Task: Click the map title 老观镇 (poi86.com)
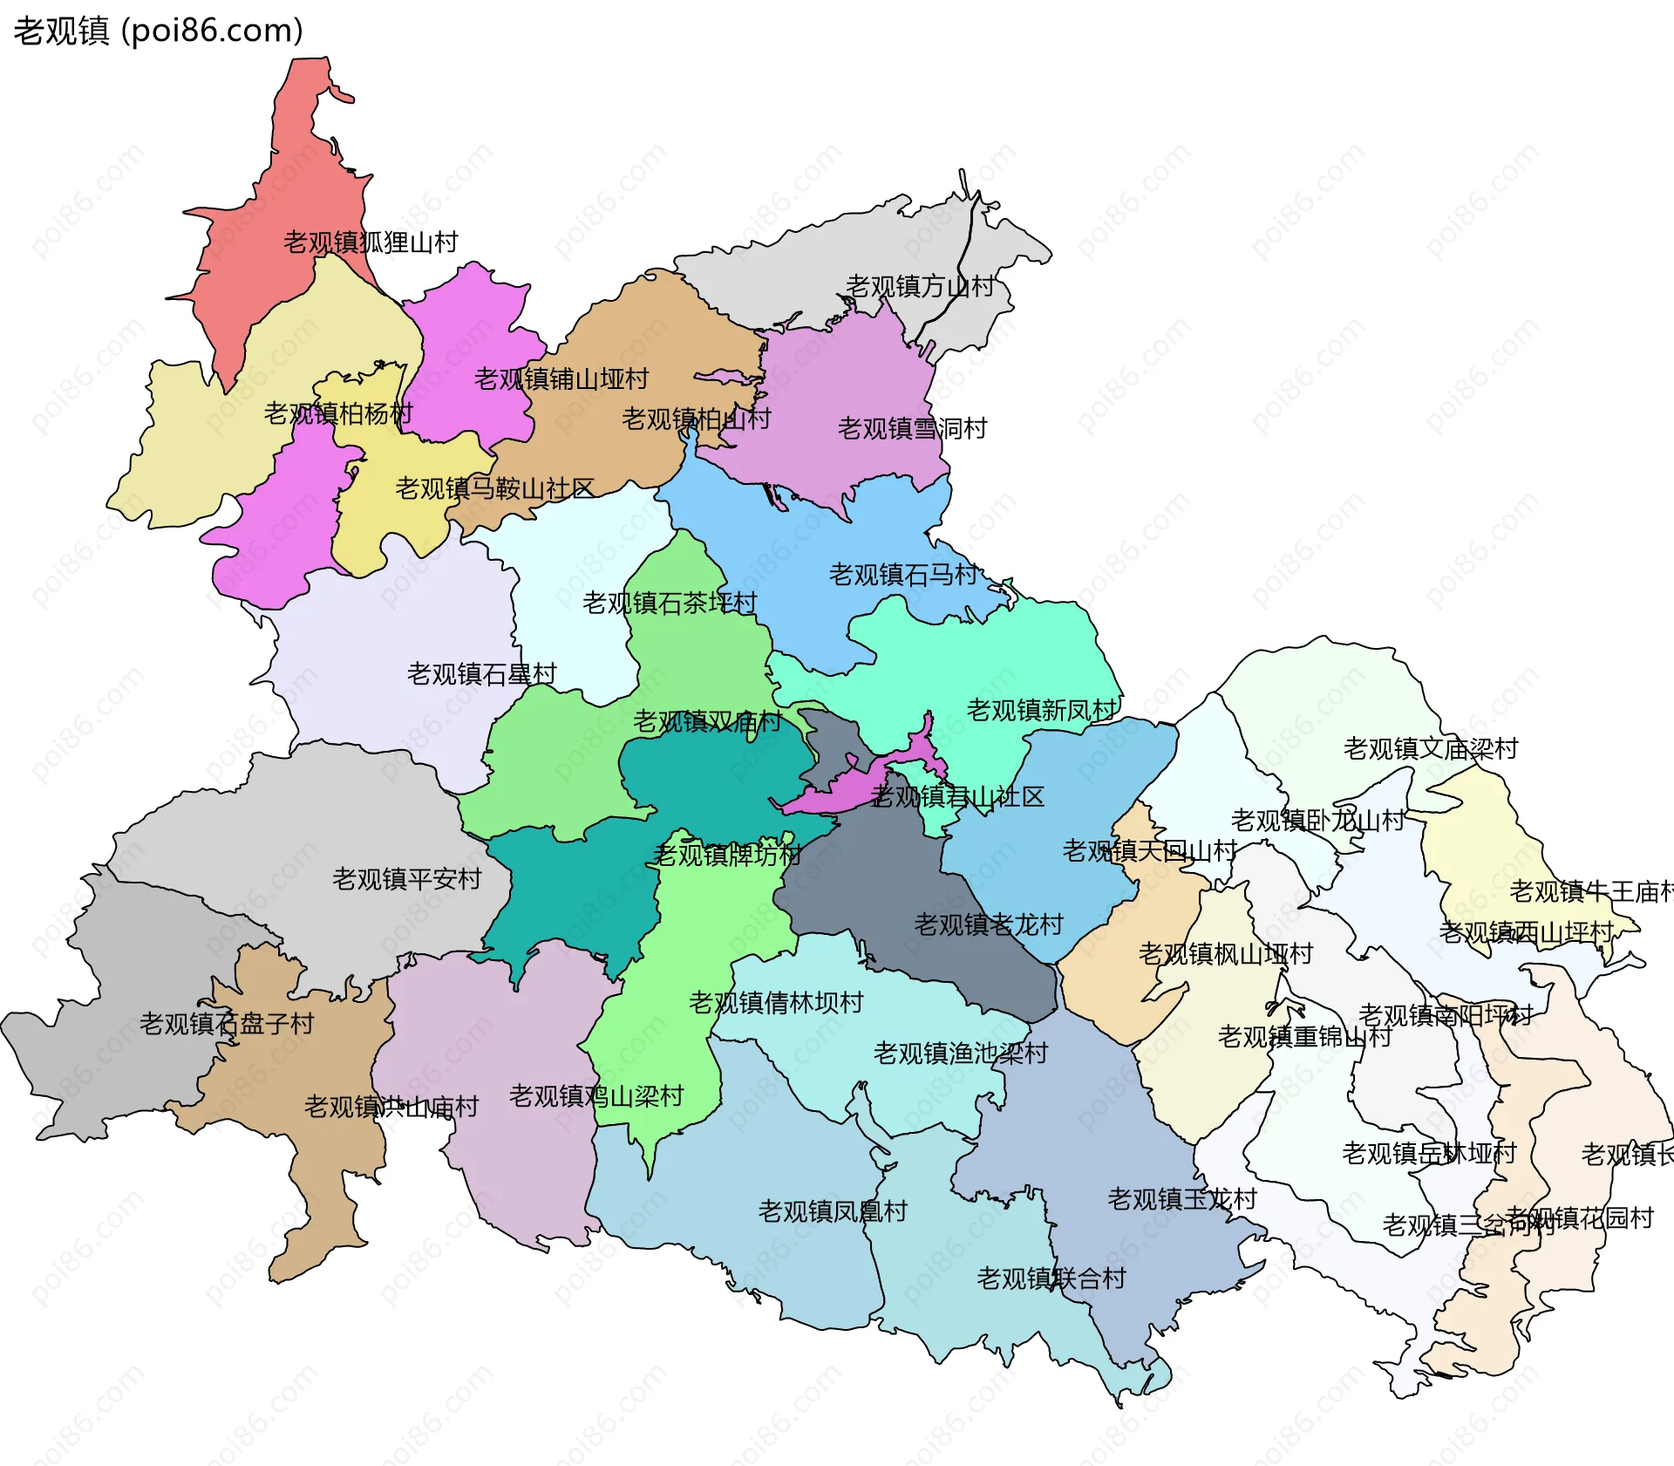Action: coord(158,31)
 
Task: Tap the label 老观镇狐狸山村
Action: coord(371,242)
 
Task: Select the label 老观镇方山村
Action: coord(920,286)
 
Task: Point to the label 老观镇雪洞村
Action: coord(912,428)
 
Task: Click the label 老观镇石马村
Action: coord(903,575)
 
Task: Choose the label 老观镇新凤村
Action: coord(1041,710)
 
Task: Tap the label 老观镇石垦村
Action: coord(481,674)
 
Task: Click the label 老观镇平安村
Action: coord(406,878)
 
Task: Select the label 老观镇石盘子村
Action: coord(227,1023)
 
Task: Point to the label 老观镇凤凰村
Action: coord(833,1211)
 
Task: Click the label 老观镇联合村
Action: coord(1051,1278)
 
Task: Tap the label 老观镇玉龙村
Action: coord(1182,1199)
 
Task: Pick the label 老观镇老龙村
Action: coord(989,924)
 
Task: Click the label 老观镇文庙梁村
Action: coord(1431,748)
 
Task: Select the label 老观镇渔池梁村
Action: coord(961,1053)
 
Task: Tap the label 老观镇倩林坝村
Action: coord(776,1003)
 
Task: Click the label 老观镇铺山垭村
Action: coord(561,379)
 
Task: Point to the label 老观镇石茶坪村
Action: coord(670,603)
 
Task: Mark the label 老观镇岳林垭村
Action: coord(1430,1153)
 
